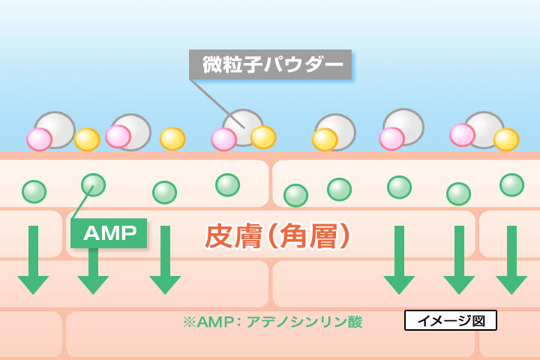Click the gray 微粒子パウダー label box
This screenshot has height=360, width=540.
[268, 64]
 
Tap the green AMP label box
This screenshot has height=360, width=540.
[109, 234]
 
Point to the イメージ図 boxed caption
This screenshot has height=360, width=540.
[450, 321]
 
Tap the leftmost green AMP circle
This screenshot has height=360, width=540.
[34, 191]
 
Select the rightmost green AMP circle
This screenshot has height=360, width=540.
[511, 184]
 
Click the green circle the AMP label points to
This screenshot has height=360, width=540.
[93, 184]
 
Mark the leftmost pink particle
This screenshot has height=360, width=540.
[39, 139]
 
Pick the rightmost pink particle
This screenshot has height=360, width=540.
[462, 135]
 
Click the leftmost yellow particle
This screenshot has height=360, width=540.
[87, 139]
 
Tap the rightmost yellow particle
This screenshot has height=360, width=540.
[506, 139]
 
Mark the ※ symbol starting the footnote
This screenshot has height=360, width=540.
[188, 322]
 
